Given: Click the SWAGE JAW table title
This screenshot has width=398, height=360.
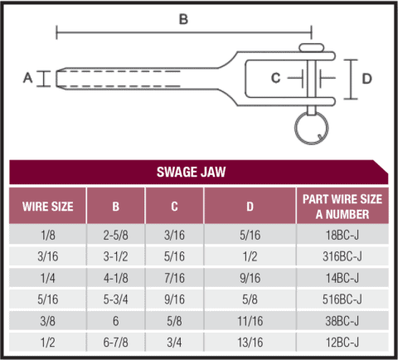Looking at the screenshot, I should (x=198, y=173).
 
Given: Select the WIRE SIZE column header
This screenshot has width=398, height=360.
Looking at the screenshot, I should (x=47, y=206).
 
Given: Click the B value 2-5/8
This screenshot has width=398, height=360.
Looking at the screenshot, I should (x=115, y=235).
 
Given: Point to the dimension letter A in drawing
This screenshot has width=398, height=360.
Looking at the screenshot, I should (x=27, y=78).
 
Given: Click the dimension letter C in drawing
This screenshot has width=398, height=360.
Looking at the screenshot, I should (x=277, y=78).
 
